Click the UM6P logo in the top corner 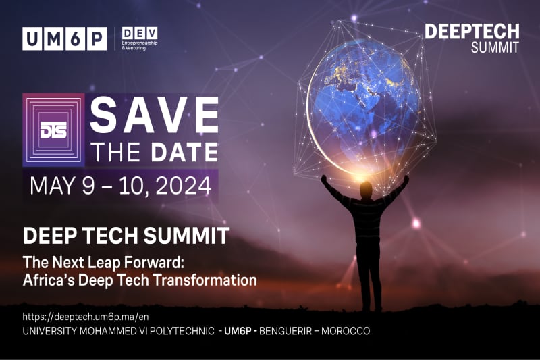(64, 38)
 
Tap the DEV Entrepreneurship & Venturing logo (140, 38)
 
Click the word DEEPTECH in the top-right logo (472, 32)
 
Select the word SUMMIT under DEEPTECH (495, 47)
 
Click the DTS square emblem (53, 130)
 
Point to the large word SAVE (154, 115)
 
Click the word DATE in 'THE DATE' (184, 152)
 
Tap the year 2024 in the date (183, 186)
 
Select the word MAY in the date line (52, 186)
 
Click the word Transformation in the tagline (205, 280)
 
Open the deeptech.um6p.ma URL (86, 317)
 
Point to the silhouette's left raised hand (324, 179)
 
